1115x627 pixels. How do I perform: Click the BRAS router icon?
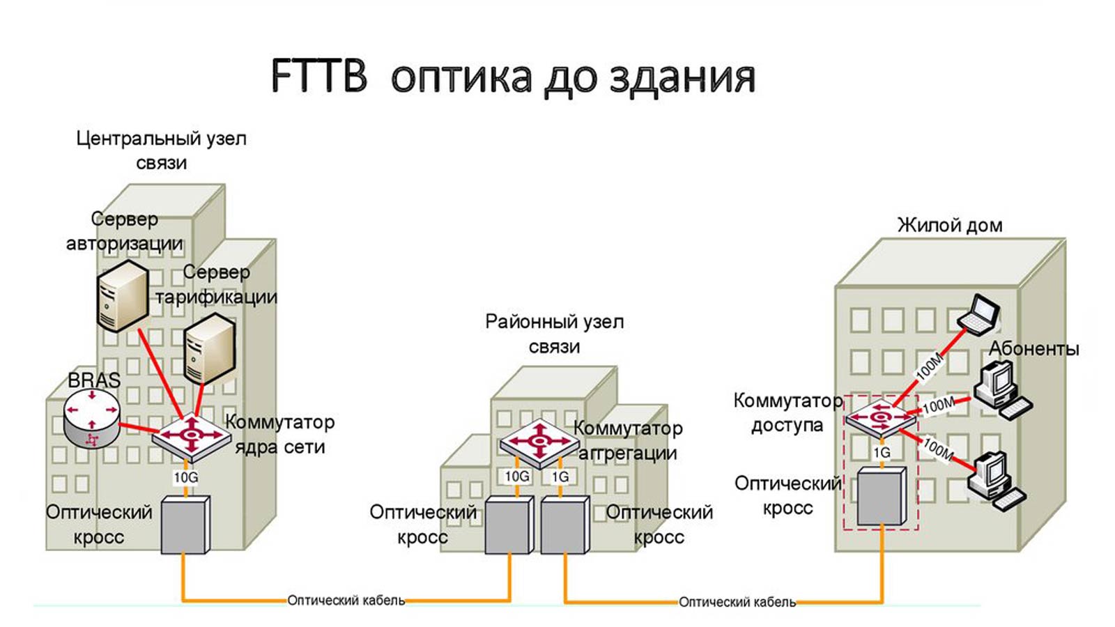(91, 417)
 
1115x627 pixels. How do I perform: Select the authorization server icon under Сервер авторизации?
(123, 295)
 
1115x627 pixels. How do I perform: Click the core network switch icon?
(191, 436)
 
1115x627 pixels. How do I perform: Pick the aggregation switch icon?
(539, 442)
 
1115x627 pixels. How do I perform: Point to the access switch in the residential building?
(880, 418)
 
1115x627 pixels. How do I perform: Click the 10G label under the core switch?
(186, 477)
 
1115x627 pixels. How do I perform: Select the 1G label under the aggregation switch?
(560, 477)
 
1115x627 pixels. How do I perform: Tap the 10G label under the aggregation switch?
(517, 476)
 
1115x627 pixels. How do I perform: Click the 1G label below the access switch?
(882, 452)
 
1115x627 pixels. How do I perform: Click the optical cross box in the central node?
(185, 525)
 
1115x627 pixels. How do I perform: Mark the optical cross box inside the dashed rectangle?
(881, 495)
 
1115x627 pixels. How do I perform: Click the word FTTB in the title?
(318, 76)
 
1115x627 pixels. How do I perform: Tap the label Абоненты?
(1034, 348)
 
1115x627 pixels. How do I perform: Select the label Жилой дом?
(949, 225)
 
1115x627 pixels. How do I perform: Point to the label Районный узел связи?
(555, 334)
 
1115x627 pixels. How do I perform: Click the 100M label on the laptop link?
(929, 366)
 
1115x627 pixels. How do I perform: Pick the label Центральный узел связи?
(161, 150)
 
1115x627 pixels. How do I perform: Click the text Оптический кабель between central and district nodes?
(346, 600)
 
